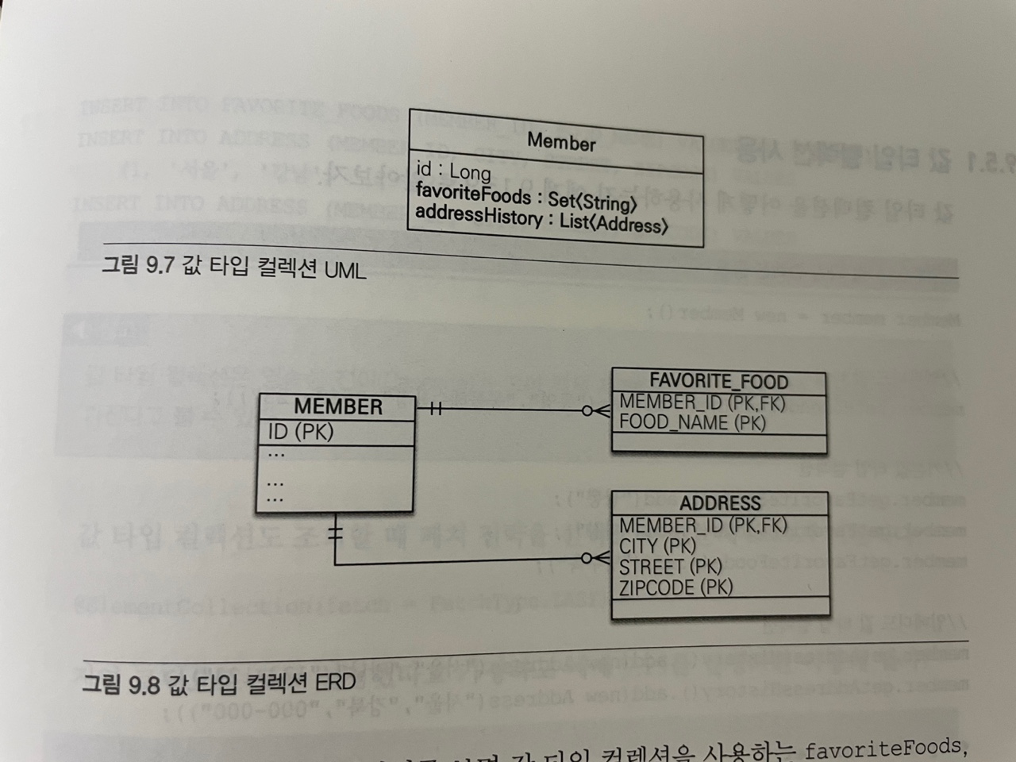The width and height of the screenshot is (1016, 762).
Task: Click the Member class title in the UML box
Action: coord(561,142)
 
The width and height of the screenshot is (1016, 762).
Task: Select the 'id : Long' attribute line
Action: coord(453,171)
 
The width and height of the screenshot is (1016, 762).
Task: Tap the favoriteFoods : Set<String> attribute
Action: coord(526,196)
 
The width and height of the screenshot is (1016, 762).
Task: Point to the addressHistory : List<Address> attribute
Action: coord(541,219)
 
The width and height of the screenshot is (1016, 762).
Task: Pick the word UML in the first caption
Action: coord(344,270)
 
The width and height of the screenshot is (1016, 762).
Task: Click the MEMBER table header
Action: coord(338,406)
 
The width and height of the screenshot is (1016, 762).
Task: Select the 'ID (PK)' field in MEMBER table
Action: coord(301,432)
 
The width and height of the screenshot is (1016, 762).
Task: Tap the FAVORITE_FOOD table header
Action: coord(719,382)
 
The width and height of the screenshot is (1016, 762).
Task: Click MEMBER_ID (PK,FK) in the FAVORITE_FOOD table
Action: coord(702,402)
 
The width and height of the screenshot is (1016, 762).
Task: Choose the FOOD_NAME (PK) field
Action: coord(692,422)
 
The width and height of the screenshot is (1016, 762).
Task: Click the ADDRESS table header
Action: coord(720,503)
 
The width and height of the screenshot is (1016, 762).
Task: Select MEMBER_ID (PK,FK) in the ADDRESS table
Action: coord(702,525)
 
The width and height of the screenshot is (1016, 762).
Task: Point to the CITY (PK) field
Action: coord(657,546)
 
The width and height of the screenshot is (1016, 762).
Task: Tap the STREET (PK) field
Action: coord(671,567)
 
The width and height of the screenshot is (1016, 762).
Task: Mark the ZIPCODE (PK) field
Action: coord(675,587)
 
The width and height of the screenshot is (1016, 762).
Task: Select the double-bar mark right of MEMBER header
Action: coord(435,410)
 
